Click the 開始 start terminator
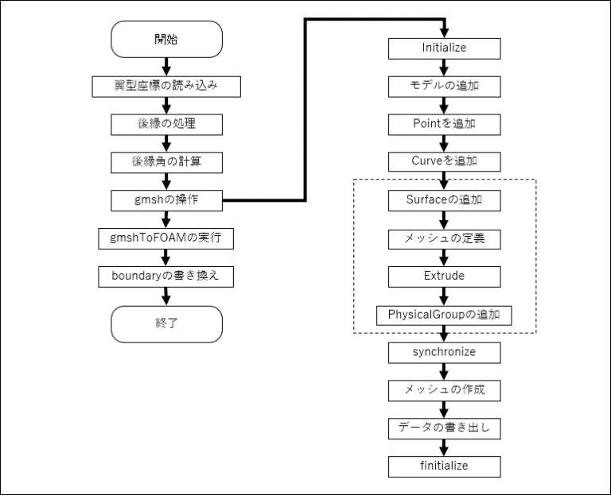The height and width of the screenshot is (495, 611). coord(166,40)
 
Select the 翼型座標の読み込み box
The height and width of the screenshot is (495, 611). coord(166,86)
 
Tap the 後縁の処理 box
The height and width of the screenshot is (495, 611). coord(166,125)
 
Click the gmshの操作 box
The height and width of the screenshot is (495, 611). coord(166,200)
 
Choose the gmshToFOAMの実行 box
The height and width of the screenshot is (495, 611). coord(166,238)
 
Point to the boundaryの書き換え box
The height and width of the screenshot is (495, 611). coord(166,276)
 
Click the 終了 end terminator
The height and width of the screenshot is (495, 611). coord(166,324)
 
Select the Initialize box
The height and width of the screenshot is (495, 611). coord(444,48)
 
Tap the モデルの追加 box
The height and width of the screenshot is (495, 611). coord(444,86)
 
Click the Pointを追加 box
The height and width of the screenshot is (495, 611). coord(444,125)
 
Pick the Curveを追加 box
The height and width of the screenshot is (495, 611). coord(444,162)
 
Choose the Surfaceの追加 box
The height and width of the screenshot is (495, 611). coord(444,200)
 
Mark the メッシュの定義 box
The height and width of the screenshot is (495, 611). coord(444,238)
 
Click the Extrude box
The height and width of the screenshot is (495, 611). coord(444,277)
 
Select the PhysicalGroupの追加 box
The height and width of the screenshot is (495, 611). coord(444,315)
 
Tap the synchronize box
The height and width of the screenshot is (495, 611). coord(444,352)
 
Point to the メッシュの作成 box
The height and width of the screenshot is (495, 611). coord(444,390)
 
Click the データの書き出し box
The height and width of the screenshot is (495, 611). coord(444,428)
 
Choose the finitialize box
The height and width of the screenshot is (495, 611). coord(444,466)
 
